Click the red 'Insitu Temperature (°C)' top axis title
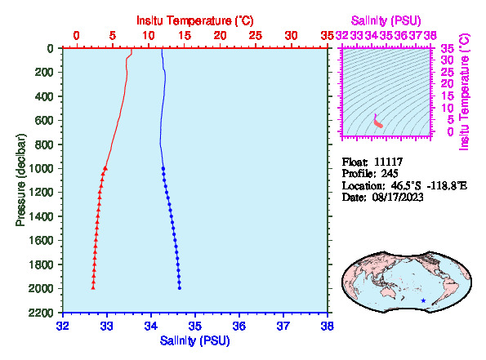pyautogui.click(x=195, y=20)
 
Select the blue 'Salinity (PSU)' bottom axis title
pyautogui.click(x=194, y=340)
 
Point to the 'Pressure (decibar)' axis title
pyautogui.click(x=20, y=180)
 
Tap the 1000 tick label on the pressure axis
pyautogui.click(x=41, y=168)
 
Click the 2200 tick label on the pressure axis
pyautogui.click(x=41, y=313)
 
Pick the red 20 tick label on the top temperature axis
pyautogui.click(x=220, y=36)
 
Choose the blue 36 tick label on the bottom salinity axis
pyautogui.click(x=239, y=326)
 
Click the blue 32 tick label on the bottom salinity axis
pyautogui.click(x=63, y=326)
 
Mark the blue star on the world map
pyautogui.click(x=423, y=300)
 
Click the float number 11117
pyautogui.click(x=388, y=162)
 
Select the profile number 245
pyautogui.click(x=390, y=174)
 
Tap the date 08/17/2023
pyautogui.click(x=398, y=198)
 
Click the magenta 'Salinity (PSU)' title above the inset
pyautogui.click(x=386, y=20)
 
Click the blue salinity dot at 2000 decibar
pyautogui.click(x=180, y=288)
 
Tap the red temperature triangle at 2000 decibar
pyautogui.click(x=93, y=288)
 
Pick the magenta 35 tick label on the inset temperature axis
pyautogui.click(x=448, y=49)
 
